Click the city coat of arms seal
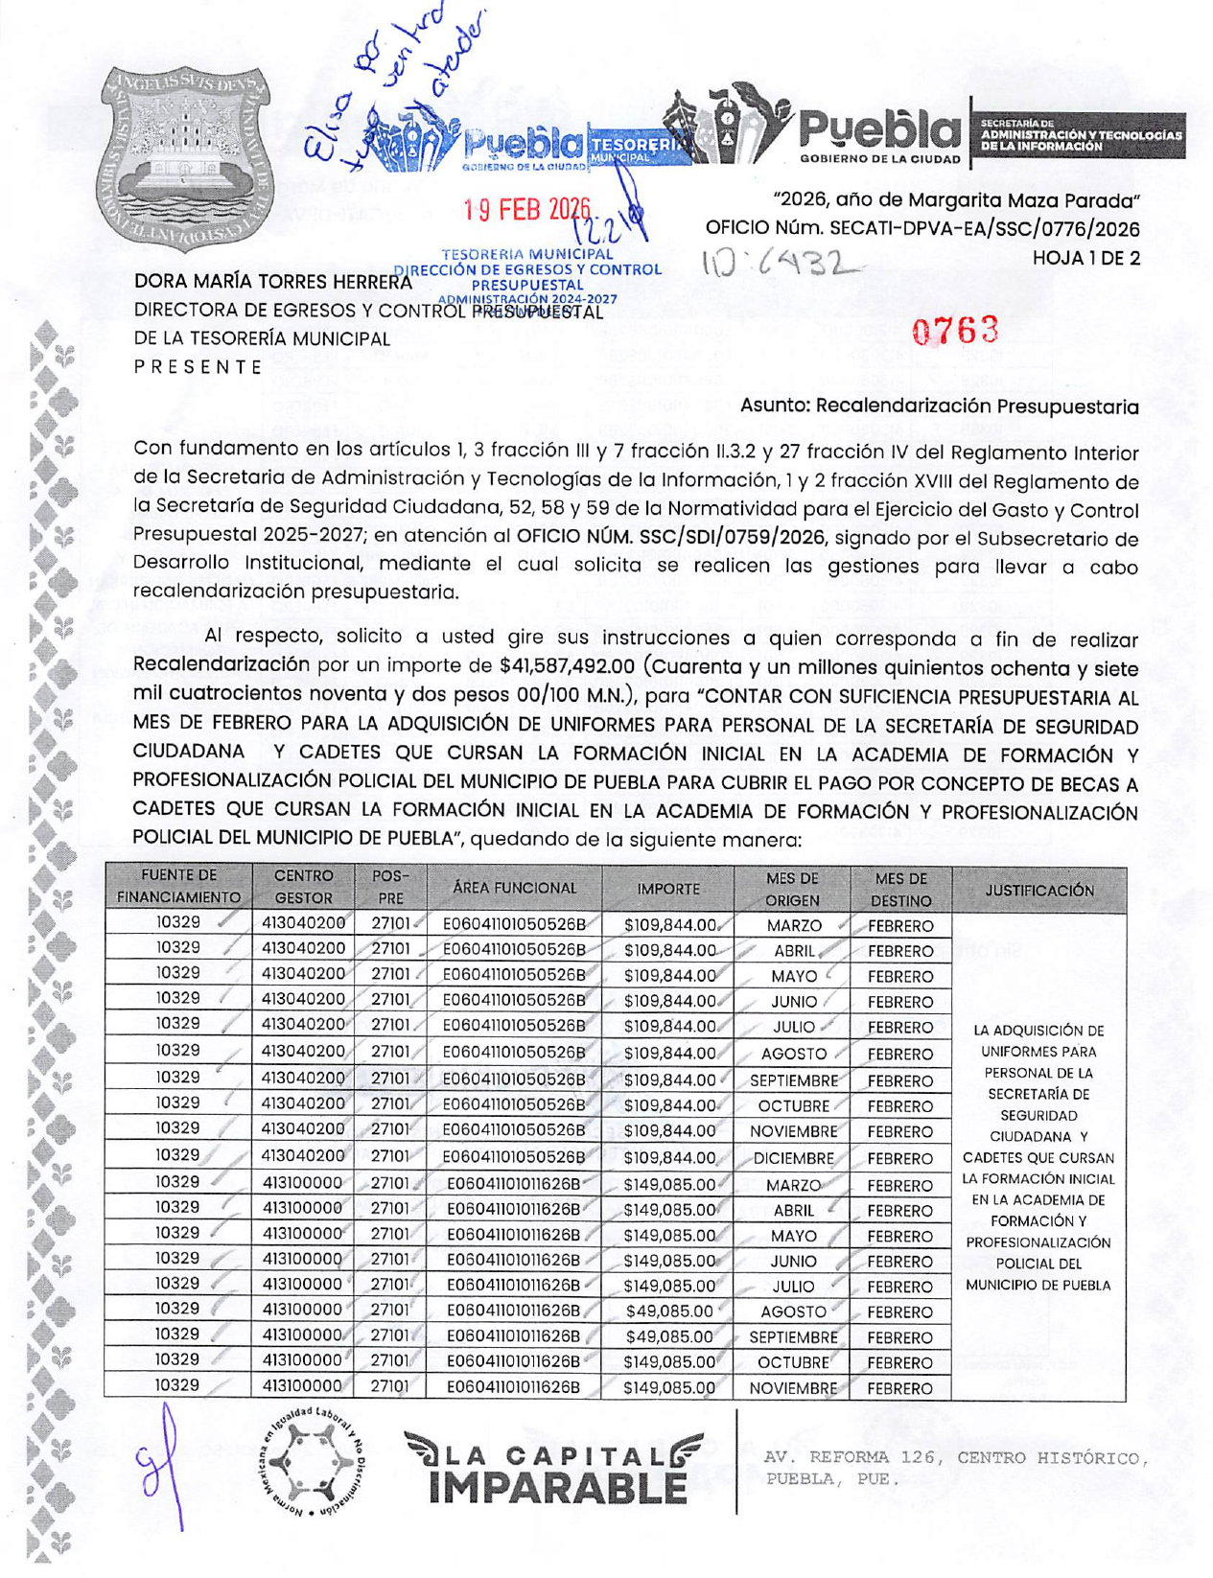pyautogui.click(x=185, y=157)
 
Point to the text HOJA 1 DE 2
pyautogui.click(x=1085, y=258)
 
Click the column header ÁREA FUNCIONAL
pyautogui.click(x=514, y=889)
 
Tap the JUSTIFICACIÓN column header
pyautogui.click(x=1038, y=891)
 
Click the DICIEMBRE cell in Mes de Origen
pyautogui.click(x=793, y=1159)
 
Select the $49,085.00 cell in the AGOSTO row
pyautogui.click(x=668, y=1311)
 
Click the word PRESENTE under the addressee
pyautogui.click(x=198, y=367)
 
